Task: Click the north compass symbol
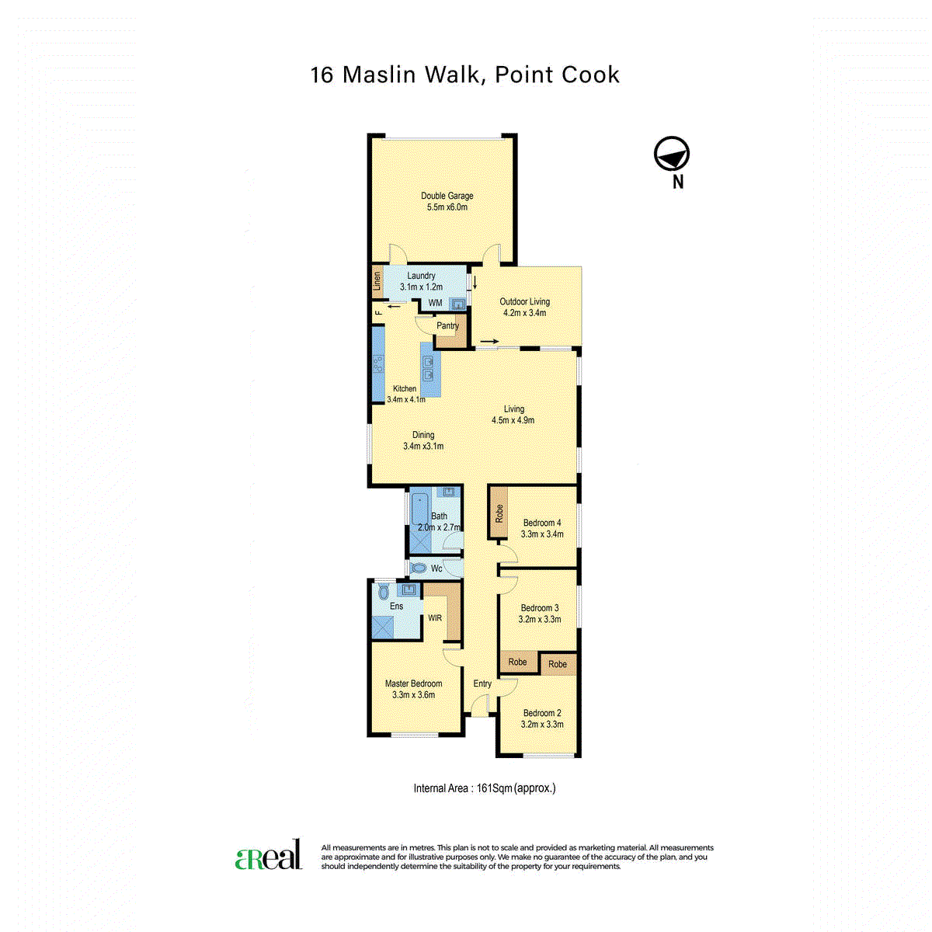[671, 154]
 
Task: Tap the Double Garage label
[447, 196]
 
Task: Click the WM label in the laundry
[435, 303]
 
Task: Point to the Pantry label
[447, 325]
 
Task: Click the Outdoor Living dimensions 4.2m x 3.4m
[525, 313]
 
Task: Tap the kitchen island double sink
[428, 369]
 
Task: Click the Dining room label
[423, 435]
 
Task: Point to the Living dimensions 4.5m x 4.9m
[513, 420]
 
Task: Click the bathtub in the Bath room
[419, 508]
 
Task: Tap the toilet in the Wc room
[419, 568]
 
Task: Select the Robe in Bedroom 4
[498, 513]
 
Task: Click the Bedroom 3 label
[540, 608]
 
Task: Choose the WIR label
[435, 618]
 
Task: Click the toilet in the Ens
[384, 592]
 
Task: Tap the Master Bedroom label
[413, 683]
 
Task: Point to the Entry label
[482, 683]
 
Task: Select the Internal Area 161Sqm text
[485, 788]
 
